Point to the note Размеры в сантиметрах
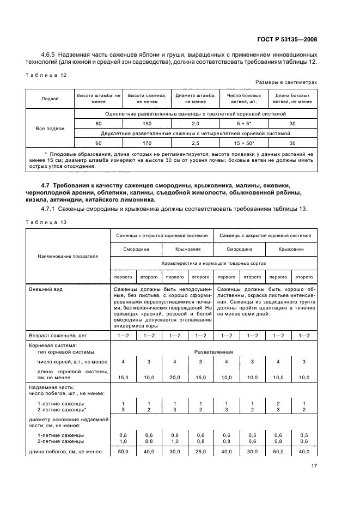(286, 82)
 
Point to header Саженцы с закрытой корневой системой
(265, 235)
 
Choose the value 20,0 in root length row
(175, 377)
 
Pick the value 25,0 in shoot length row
(200, 451)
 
